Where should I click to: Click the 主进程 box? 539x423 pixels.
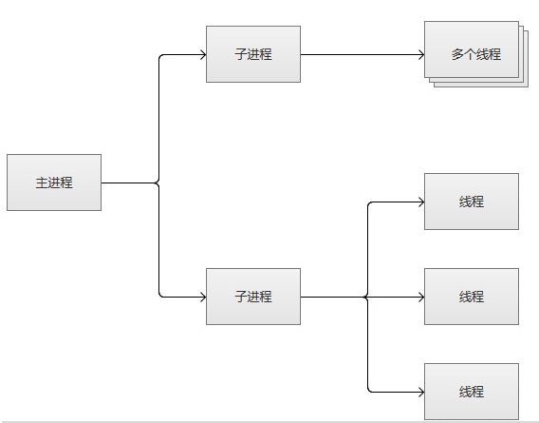(54, 183)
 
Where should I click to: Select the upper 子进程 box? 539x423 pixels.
(253, 54)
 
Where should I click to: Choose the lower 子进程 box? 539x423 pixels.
(253, 297)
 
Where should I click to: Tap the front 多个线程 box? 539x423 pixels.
(472, 49)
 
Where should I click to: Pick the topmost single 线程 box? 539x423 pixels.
(472, 202)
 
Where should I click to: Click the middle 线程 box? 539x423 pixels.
(472, 297)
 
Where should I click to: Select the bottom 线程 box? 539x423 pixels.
(472, 392)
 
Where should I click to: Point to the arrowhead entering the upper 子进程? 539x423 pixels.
(203, 54)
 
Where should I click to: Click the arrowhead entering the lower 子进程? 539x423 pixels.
(203, 297)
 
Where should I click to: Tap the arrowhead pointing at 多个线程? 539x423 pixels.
(421, 54)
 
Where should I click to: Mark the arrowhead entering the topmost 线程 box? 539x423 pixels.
(421, 202)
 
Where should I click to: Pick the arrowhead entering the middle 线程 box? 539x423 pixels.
(421, 297)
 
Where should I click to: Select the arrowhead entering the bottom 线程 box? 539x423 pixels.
(421, 392)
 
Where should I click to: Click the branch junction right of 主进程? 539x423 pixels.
(158, 183)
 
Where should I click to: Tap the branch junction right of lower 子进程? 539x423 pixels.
(367, 297)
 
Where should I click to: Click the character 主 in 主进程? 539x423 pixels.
(42, 183)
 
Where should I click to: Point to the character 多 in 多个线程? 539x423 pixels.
(457, 54)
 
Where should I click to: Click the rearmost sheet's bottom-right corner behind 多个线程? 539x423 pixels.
(528, 87)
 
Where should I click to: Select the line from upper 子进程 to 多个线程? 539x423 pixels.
(362, 54)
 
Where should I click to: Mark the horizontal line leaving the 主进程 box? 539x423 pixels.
(129, 183)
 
